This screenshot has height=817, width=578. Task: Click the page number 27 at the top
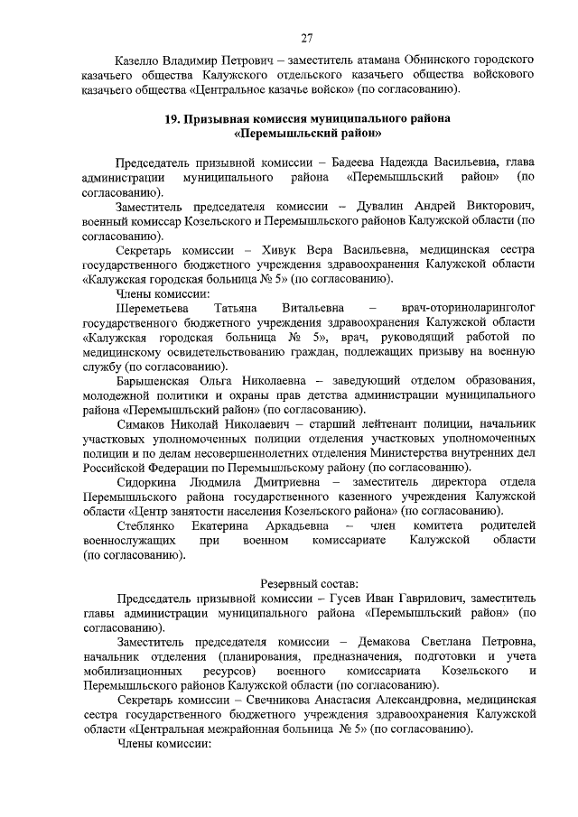[306, 37]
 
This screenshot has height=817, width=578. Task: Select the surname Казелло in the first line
[141, 60]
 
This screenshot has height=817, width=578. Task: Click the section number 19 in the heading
[172, 119]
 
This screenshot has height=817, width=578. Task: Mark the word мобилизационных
[125, 672]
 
